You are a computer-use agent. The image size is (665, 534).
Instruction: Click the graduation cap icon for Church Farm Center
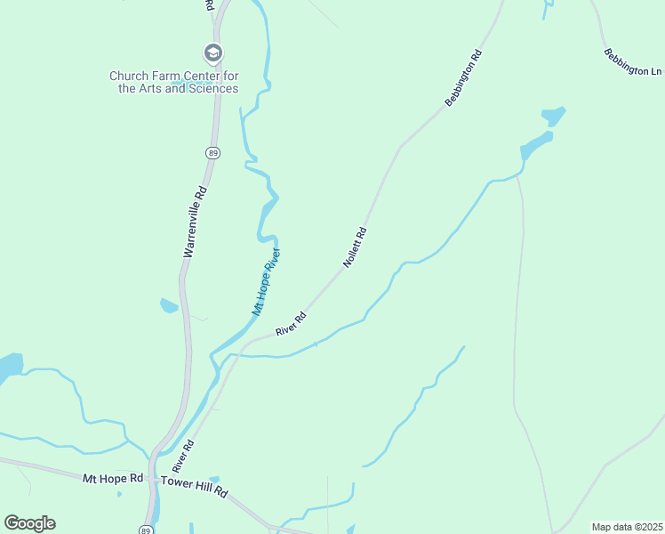(x=212, y=53)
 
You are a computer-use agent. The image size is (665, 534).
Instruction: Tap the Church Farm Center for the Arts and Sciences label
(x=173, y=82)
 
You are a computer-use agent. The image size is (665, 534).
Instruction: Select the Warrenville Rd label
(x=195, y=222)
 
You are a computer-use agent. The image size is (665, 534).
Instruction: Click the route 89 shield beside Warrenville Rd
(x=212, y=153)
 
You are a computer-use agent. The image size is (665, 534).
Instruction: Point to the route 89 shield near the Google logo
(x=145, y=529)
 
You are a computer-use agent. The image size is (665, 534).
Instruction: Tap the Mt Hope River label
(x=266, y=283)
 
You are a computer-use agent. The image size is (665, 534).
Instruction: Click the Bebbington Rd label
(x=463, y=78)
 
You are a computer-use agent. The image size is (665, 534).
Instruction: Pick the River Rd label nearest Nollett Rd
(x=291, y=323)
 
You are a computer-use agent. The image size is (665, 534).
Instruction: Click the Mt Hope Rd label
(x=113, y=478)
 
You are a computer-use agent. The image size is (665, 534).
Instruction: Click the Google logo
(x=29, y=522)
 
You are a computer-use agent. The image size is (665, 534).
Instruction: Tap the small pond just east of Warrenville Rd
(x=168, y=306)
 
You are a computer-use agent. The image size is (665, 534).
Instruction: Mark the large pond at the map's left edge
(x=8, y=368)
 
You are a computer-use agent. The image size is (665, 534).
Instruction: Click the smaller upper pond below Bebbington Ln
(x=553, y=117)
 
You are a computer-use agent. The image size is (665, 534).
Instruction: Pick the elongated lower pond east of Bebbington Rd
(x=537, y=144)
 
